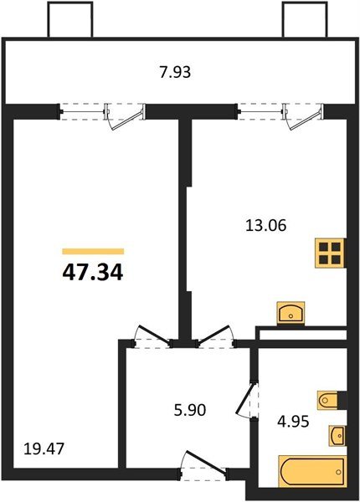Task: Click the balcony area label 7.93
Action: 176,72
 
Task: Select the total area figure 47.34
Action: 93,272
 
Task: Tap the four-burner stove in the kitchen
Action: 329,253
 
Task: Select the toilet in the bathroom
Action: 330,401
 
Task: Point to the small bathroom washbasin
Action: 337,436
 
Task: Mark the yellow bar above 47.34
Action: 93,250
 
